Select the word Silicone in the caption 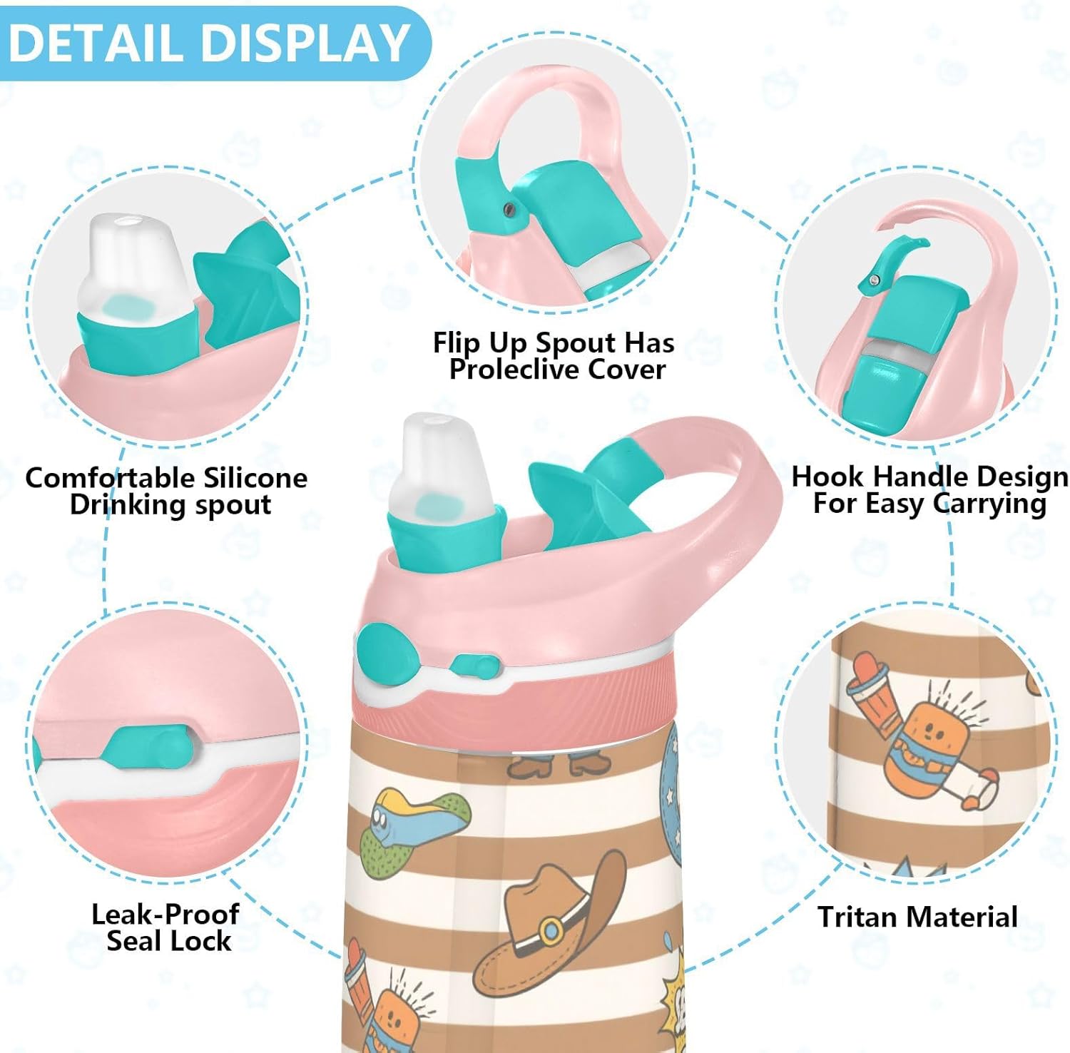[x=255, y=477]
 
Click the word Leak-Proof [x=165, y=914]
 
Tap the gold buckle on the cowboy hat [x=550, y=930]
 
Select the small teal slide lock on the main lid [x=474, y=666]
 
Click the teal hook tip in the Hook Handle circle [x=895, y=260]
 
